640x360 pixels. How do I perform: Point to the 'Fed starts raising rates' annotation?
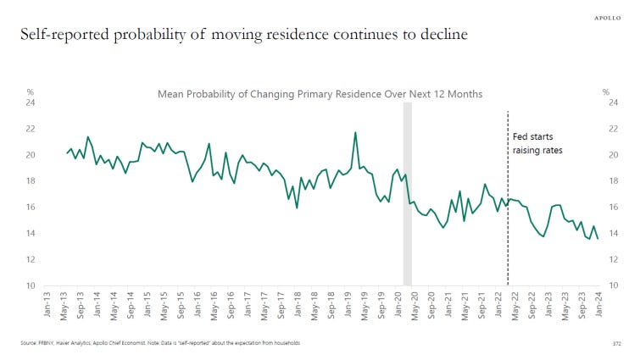pos(538,143)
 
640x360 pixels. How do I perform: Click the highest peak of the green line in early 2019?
pos(355,133)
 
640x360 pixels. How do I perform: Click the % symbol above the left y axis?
pos(30,91)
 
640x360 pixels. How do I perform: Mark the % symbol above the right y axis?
pos(607,91)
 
